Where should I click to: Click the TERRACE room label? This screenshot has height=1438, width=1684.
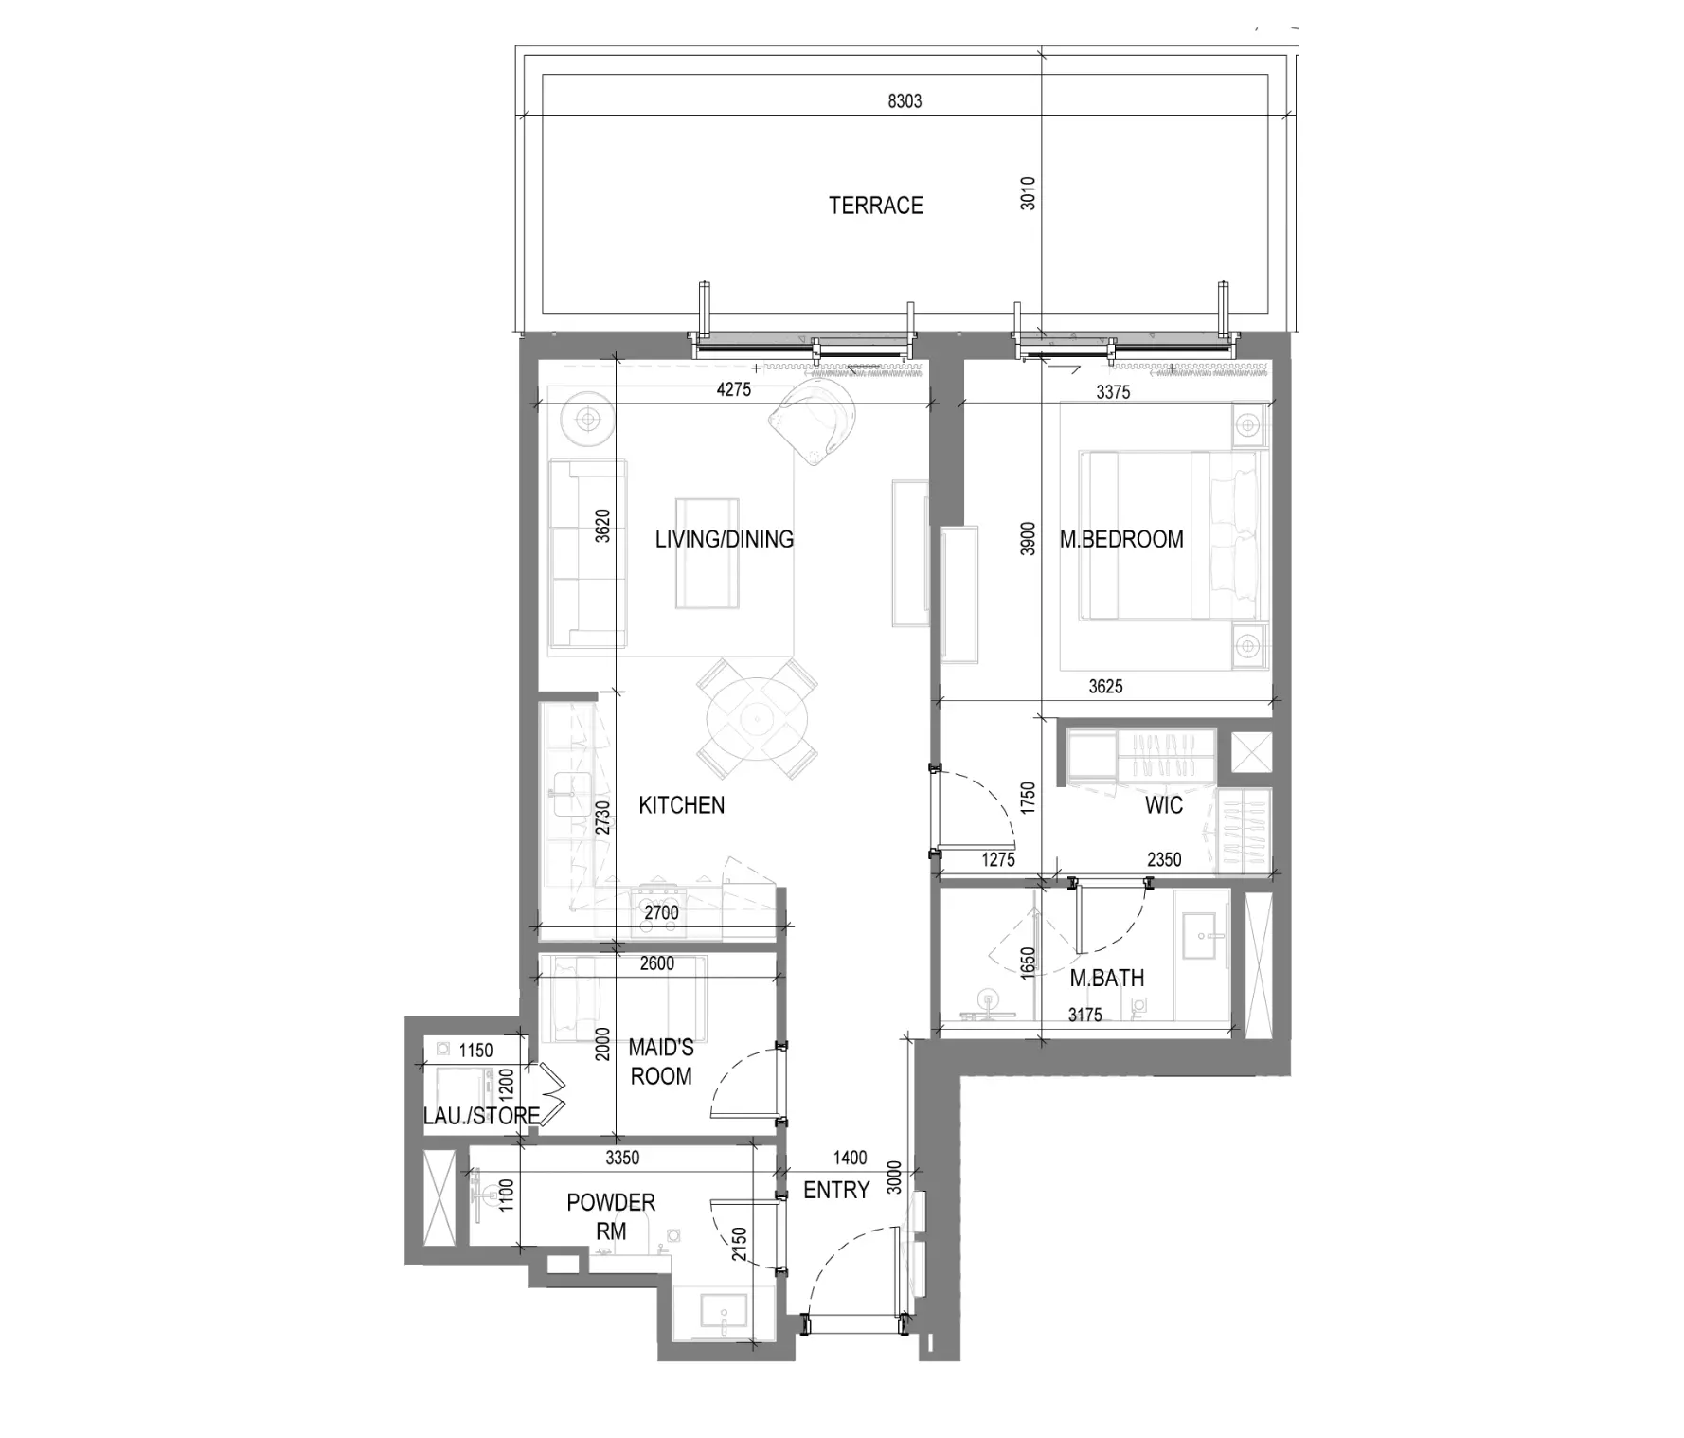tap(875, 206)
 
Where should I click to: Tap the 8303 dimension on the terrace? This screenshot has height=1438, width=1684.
tap(905, 100)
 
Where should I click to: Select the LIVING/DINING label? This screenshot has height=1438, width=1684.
tap(725, 539)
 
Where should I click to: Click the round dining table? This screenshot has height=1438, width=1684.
tap(758, 718)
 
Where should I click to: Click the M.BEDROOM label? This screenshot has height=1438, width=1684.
tap(1121, 539)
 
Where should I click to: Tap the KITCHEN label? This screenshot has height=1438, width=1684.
tap(681, 805)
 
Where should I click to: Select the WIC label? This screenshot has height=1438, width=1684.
tap(1163, 805)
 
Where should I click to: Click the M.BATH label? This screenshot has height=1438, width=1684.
tap(1106, 978)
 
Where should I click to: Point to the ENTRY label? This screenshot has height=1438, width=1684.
tap(836, 1190)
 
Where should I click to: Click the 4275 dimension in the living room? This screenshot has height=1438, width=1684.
tap(733, 389)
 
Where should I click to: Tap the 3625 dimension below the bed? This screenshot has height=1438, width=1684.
tap(1105, 687)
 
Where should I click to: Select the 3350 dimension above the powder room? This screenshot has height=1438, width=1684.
tap(622, 1158)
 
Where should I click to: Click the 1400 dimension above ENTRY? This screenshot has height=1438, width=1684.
tap(850, 1158)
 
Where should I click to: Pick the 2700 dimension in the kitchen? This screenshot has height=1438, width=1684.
tap(661, 913)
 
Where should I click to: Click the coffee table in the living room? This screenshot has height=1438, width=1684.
tap(707, 553)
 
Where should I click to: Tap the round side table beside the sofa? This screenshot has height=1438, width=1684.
tap(588, 418)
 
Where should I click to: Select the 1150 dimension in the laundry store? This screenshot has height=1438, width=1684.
tap(475, 1050)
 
